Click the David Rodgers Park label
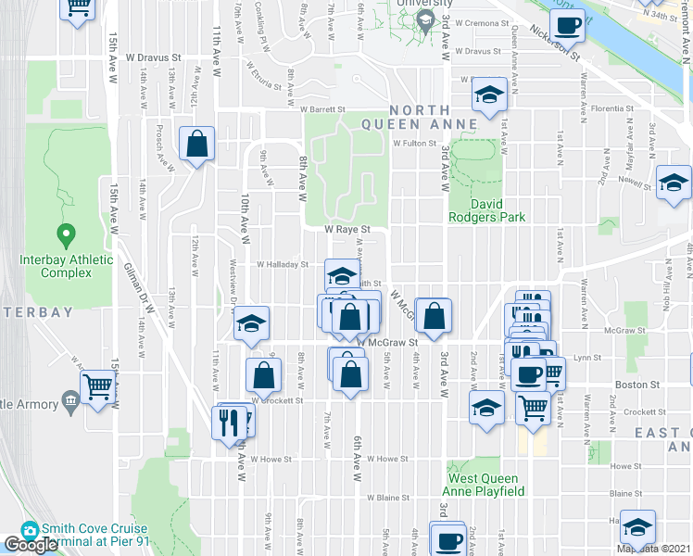point(498,210)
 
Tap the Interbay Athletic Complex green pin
point(65,233)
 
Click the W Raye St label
point(347,229)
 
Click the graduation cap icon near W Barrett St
point(488,95)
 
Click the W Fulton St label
point(413,144)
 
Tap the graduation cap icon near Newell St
point(674,182)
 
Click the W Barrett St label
point(322,108)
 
